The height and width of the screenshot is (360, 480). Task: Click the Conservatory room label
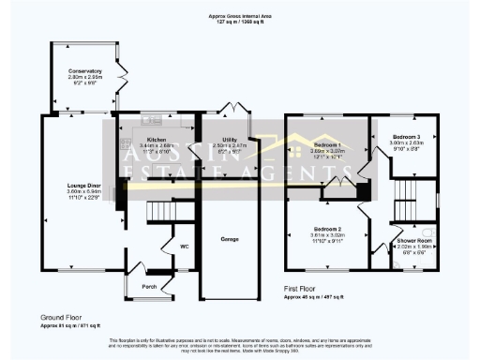tap(83, 71)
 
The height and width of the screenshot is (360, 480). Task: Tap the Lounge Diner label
tap(83, 186)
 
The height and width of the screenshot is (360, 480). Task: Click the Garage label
tap(228, 238)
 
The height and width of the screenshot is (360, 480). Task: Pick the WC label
tap(185, 247)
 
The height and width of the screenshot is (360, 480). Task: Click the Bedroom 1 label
tap(327, 145)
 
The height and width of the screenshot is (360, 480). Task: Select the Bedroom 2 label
tap(327, 229)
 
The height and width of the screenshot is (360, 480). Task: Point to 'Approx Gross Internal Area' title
tap(240, 17)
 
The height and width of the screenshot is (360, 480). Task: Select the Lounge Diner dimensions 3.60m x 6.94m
tap(83, 194)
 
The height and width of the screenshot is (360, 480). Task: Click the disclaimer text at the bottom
tap(240, 343)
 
